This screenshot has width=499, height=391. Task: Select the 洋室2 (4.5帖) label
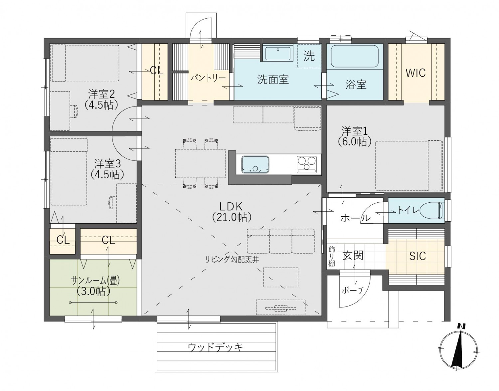coord(101,99)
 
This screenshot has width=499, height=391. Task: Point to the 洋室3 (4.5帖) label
coord(107,169)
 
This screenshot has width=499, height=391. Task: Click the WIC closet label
coord(416,73)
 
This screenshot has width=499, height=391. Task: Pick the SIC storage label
coord(417,256)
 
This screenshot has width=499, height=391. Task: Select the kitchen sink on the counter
coord(255,164)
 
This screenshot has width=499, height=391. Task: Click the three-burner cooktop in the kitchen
coord(306,164)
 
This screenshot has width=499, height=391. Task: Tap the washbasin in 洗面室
coord(277,53)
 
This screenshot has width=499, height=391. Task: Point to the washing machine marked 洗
coord(309,56)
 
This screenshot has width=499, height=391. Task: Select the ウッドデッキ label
coord(215,347)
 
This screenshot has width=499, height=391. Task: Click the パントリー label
coord(208,78)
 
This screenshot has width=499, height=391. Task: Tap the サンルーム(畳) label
coord(95,286)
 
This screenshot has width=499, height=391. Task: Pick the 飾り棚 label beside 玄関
coord(332,256)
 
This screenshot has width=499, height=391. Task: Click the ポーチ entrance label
coord(353,290)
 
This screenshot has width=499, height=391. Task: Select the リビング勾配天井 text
coord(232,260)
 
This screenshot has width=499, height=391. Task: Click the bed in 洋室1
coord(409,165)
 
